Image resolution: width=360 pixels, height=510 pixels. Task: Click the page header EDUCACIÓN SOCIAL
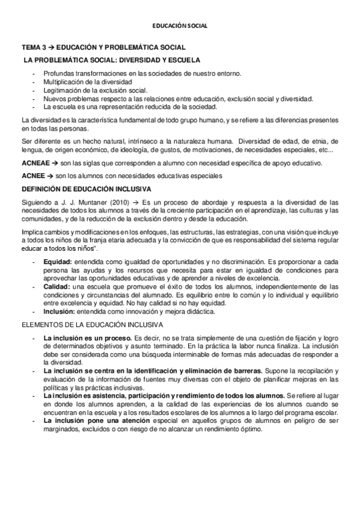coord(180,26)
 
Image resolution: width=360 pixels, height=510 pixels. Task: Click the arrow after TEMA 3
coord(52,47)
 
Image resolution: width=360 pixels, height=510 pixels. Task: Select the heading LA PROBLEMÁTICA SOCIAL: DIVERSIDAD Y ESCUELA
coord(112,61)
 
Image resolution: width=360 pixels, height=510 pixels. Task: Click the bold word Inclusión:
coord(59,312)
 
